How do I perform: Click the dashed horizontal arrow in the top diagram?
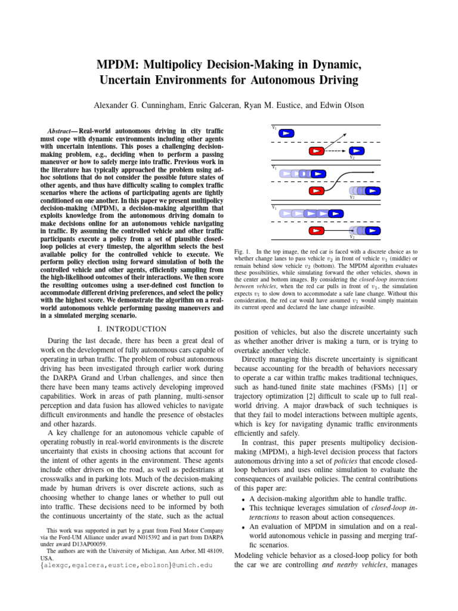tap(337, 151)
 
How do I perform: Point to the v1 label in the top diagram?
tap(274, 128)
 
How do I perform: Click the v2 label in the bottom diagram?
tap(352, 237)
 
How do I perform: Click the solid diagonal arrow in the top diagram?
tap(338, 140)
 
